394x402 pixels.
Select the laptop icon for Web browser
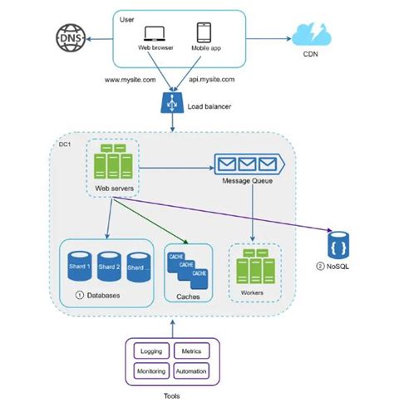pos(155,33)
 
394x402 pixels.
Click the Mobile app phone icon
pos(204,33)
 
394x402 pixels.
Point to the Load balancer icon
pos(170,104)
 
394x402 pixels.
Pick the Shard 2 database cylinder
pos(110,266)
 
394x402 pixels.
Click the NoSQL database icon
pos(337,246)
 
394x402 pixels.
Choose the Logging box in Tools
pos(150,351)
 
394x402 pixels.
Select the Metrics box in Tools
pos(191,351)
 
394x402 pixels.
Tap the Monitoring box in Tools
pos(150,370)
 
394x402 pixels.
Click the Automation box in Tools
pos(191,370)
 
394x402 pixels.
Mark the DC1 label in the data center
pos(64,145)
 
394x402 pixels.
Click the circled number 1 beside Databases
pos(80,295)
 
